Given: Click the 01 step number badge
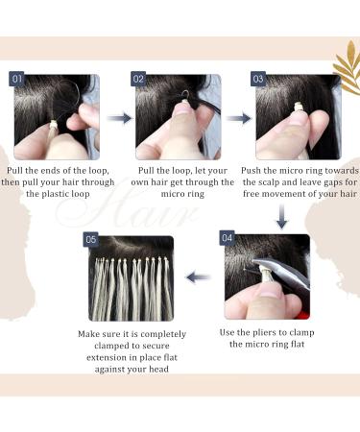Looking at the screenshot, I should tap(17, 79).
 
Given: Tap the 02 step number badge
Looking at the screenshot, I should tap(138, 79).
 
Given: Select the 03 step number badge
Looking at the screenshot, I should tap(257, 79).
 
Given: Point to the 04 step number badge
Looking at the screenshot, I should tap(228, 237).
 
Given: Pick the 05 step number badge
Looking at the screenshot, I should tap(91, 239).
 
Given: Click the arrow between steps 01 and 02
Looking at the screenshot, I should tap(119, 119).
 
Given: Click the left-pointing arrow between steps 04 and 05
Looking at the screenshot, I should tap(199, 277).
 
